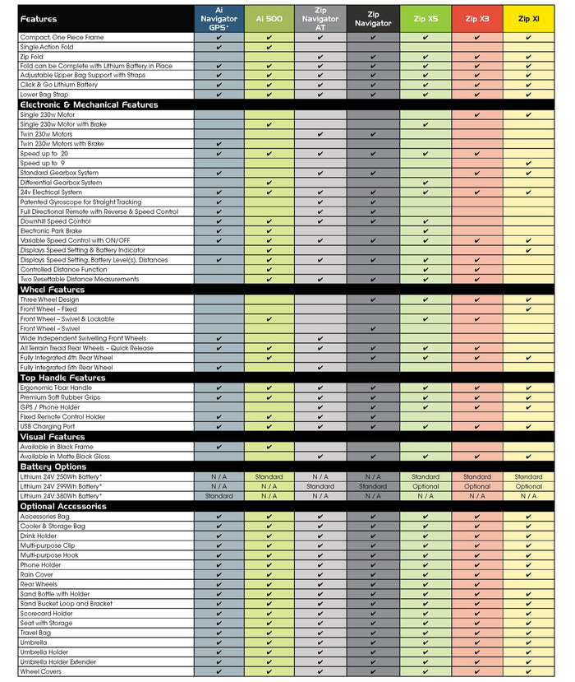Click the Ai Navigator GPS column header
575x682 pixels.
pos(219,18)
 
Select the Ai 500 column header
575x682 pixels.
pos(269,18)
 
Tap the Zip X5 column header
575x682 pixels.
pos(425,18)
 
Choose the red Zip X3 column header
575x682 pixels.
pos(477,18)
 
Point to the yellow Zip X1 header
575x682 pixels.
pos(528,18)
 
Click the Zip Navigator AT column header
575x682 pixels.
pos(320,18)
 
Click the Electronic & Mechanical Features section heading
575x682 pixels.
pos(89,104)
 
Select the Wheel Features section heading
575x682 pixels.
pos(52,290)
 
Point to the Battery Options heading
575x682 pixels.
pos(53,466)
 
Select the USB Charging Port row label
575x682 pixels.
pos(48,426)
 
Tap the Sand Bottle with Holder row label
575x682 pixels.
pos(56,594)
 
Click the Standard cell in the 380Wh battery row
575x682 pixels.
pos(219,496)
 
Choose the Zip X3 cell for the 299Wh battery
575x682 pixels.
pos(477,486)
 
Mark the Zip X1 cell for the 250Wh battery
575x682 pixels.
pos(528,476)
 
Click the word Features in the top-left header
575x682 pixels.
pos(40,18)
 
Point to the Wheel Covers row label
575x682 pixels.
pos(41,671)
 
